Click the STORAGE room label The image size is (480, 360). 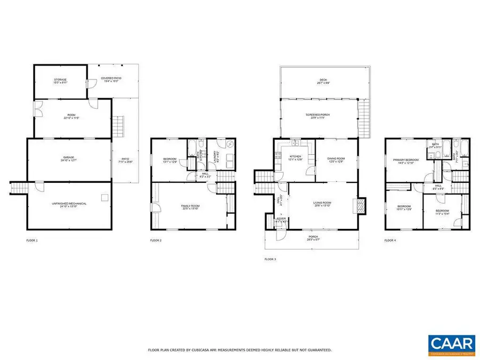[60, 81]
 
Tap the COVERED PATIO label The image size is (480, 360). [111, 79]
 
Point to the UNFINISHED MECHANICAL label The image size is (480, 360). [69, 204]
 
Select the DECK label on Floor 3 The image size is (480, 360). [324, 81]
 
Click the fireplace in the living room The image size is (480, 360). [361, 206]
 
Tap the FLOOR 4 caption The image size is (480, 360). [390, 241]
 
